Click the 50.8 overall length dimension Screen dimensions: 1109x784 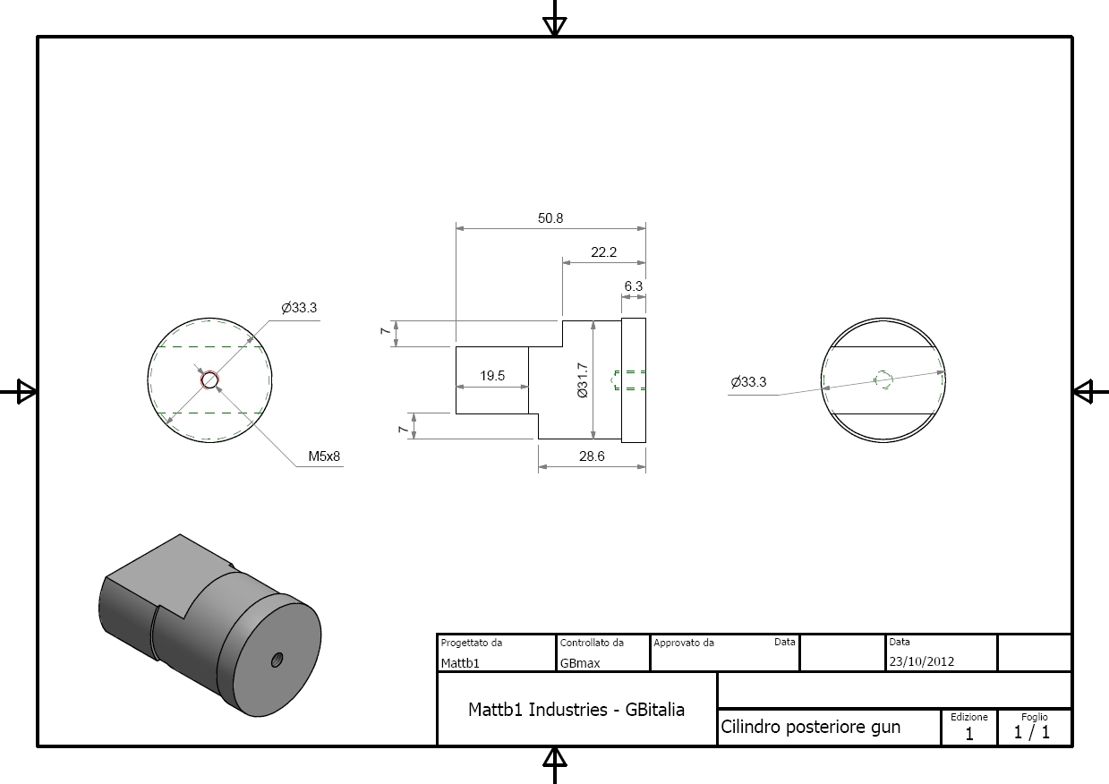pos(550,218)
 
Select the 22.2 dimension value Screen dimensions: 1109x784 pos(603,252)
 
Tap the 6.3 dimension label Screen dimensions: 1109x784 pos(633,286)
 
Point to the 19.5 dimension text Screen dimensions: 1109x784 pos(492,376)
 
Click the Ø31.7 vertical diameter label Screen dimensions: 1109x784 pos(582,380)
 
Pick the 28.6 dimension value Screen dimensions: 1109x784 pos(592,456)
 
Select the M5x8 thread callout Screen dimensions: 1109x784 pos(324,456)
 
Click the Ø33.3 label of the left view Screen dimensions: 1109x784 pos(299,308)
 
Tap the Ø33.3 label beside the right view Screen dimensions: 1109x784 pos(748,382)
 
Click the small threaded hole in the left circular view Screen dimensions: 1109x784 pos(209,380)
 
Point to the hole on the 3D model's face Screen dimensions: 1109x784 pos(277,660)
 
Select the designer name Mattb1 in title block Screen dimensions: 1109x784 pos(460,663)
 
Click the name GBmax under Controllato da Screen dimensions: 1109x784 pos(580,663)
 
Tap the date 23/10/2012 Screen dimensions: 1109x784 pos(921,661)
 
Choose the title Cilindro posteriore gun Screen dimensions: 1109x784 pos(810,727)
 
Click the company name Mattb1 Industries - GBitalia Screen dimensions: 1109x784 pos(576,710)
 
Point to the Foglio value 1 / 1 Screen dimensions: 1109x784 pos(1032,732)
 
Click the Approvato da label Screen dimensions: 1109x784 pos(684,643)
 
